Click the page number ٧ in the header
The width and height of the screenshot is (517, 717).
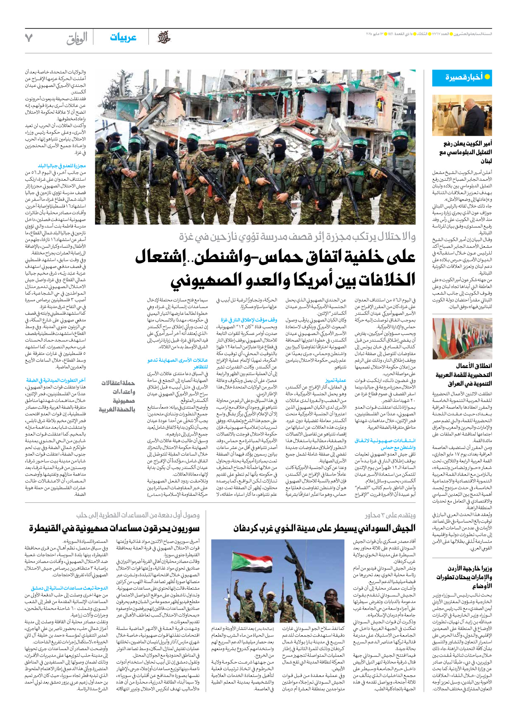29,38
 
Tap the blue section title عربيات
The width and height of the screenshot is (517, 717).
123,38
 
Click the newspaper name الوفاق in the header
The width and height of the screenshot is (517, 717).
77,38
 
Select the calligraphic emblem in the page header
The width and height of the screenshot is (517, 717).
164,38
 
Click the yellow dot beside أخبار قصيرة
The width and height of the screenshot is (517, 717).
487,77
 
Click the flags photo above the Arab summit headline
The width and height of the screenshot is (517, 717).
462,338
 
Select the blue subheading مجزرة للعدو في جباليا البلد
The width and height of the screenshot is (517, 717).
62,166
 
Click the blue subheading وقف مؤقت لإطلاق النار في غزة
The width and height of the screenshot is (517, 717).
249,320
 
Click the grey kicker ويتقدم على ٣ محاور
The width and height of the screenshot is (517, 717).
390,515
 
